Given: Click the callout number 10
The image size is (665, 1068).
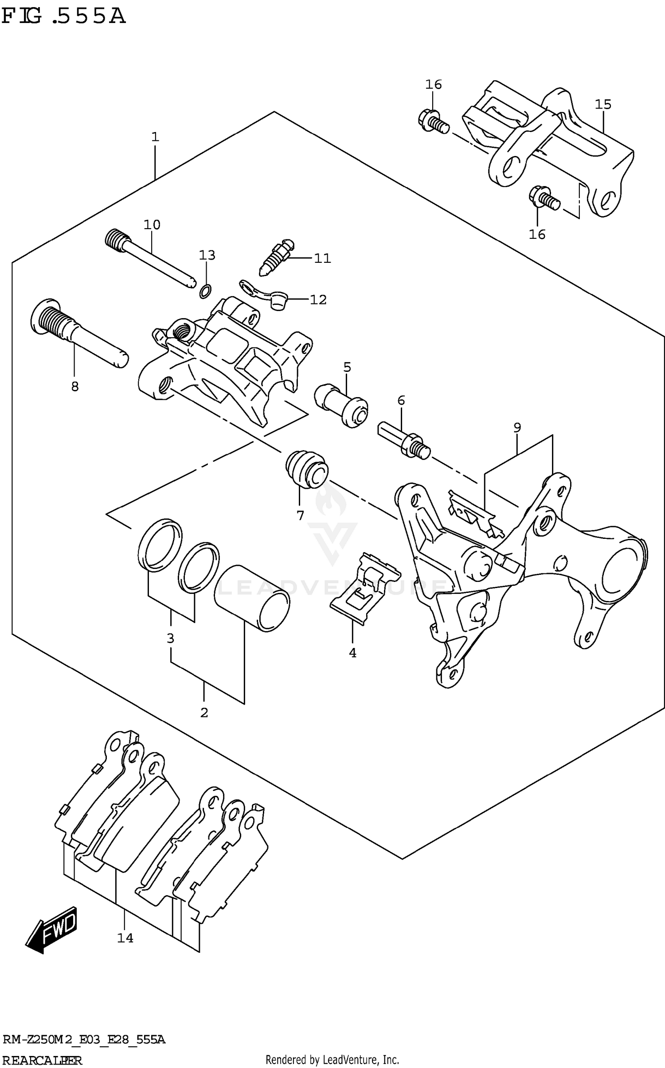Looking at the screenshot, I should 152,225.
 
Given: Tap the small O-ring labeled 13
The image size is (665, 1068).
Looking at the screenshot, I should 205,291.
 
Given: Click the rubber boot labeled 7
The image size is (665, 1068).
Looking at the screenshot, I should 307,470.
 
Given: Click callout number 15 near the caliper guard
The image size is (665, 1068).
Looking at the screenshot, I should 603,105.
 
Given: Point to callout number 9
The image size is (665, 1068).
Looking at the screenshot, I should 517,428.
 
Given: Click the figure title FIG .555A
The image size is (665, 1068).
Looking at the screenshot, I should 63,16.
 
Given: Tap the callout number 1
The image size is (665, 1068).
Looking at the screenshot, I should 155,137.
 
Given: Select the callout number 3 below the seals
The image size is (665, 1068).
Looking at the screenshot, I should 170,639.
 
